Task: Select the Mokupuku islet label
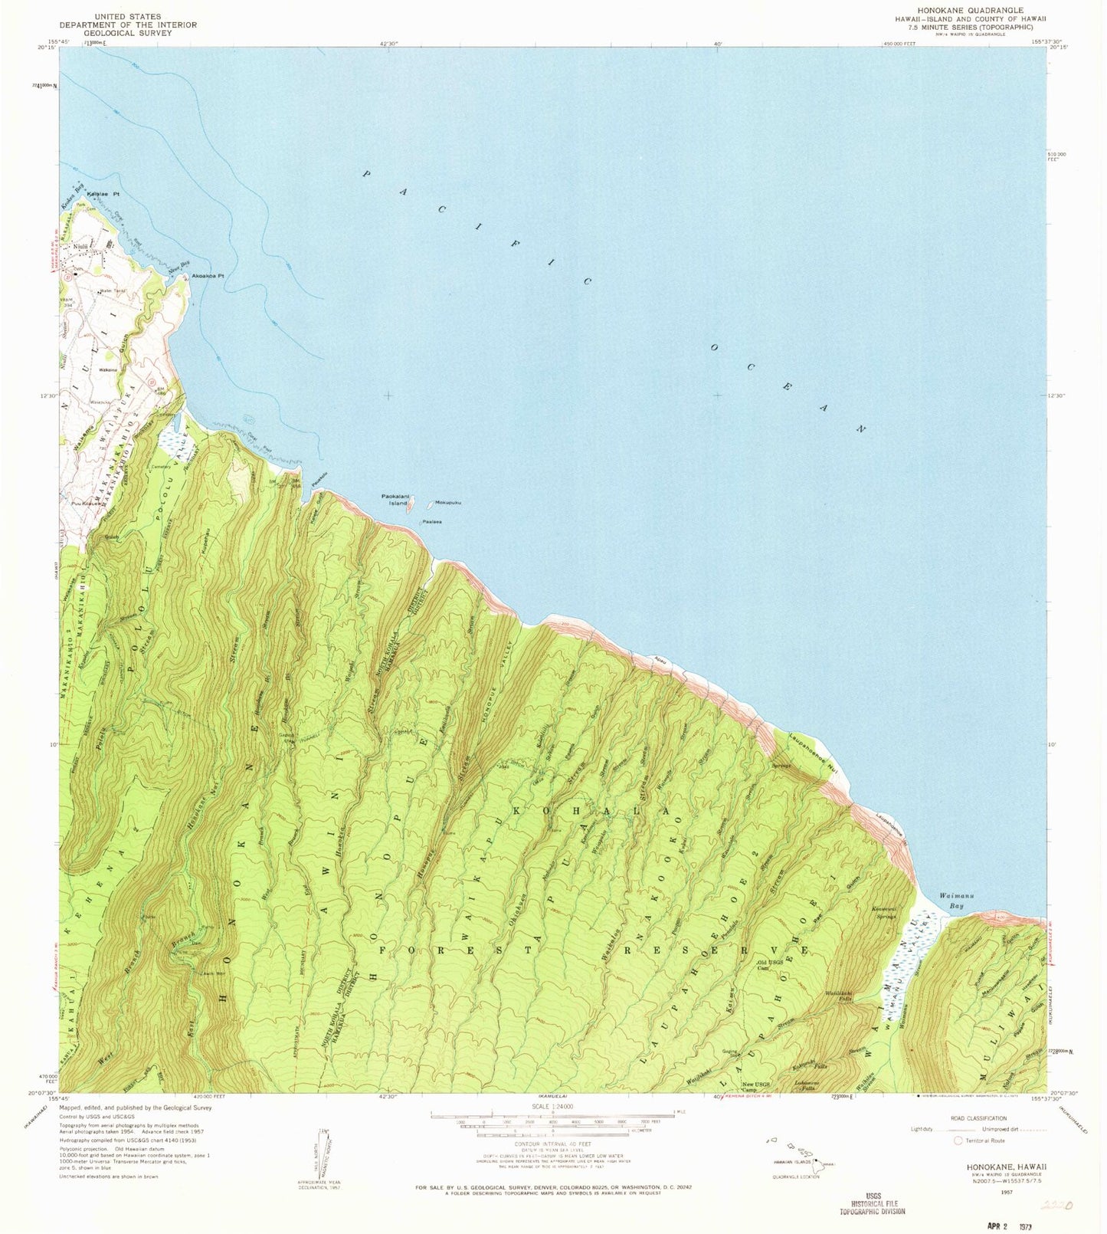tap(447, 503)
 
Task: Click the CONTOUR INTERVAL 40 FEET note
tap(552, 1147)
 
